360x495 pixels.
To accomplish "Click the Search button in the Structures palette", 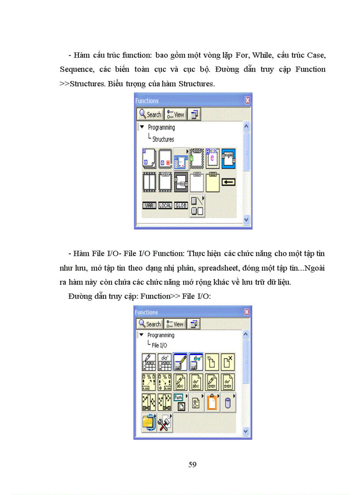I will pyautogui.click(x=150, y=115).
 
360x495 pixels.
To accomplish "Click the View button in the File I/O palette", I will pyautogui.click(x=175, y=324).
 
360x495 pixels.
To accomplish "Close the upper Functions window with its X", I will pyautogui.click(x=247, y=100).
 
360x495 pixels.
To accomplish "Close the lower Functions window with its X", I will pyautogui.click(x=247, y=312).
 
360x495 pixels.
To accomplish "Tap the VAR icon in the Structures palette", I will pyautogui.click(x=150, y=205).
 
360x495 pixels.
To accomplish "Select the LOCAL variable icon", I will pyautogui.click(x=165, y=205).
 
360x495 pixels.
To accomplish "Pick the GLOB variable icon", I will pyautogui.click(x=181, y=205).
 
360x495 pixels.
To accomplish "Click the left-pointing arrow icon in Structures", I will pyautogui.click(x=228, y=182).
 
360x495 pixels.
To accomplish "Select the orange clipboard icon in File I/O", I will pyautogui.click(x=212, y=402).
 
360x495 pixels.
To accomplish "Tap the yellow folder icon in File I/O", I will pyautogui.click(x=149, y=423).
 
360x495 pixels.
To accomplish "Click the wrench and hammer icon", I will pyautogui.click(x=165, y=423).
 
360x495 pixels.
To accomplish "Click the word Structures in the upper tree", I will pyautogui.click(x=163, y=139).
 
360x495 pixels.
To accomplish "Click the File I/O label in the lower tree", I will pyautogui.click(x=160, y=345).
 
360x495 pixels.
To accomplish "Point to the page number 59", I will pyautogui.click(x=192, y=465).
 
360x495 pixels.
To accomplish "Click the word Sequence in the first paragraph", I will pyautogui.click(x=76, y=69).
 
